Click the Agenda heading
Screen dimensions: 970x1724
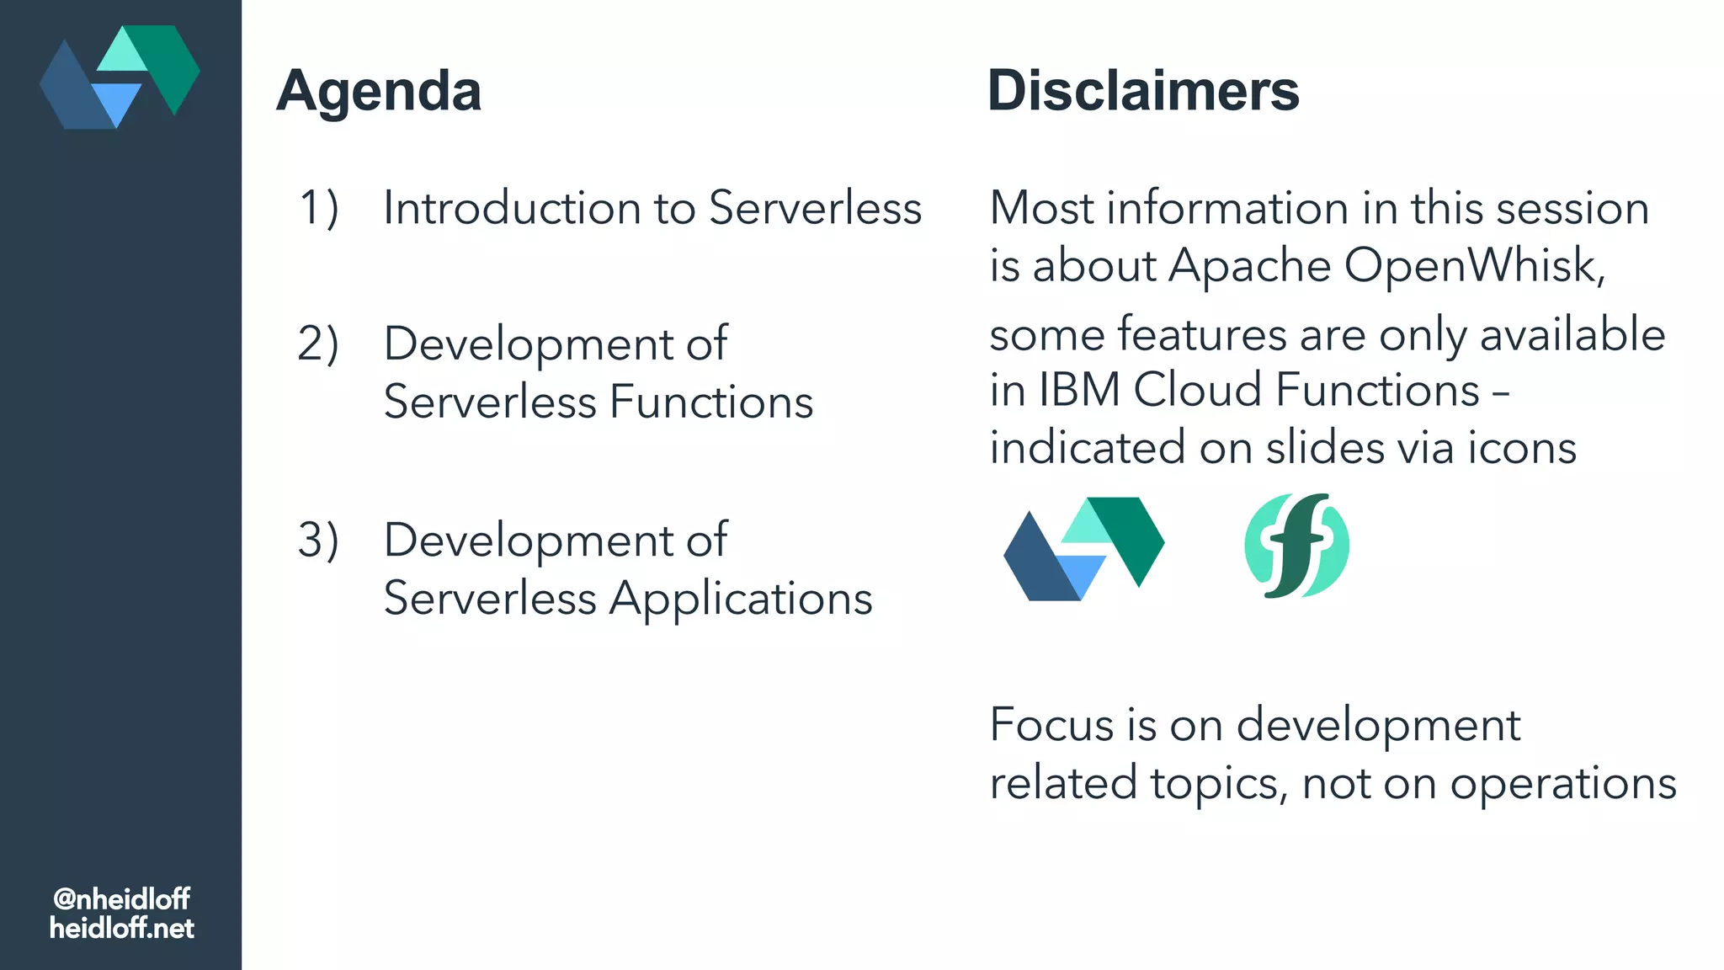(379, 91)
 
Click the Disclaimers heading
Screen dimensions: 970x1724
(1143, 91)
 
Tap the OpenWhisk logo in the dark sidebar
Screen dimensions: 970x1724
(120, 77)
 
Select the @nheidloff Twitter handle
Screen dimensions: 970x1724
(121, 898)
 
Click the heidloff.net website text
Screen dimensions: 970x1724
(121, 928)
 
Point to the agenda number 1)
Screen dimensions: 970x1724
(319, 208)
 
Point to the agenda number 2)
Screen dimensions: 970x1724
(319, 344)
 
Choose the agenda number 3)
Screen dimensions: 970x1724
(319, 540)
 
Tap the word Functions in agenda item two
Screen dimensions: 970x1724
(711, 402)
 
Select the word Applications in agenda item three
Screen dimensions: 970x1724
(741, 599)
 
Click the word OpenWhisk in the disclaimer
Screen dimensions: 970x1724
(1475, 266)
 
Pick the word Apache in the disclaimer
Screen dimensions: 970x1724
(1249, 266)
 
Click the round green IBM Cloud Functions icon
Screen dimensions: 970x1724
(1296, 546)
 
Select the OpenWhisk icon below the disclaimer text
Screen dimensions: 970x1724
(1084, 548)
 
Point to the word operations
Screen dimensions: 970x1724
(1563, 783)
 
